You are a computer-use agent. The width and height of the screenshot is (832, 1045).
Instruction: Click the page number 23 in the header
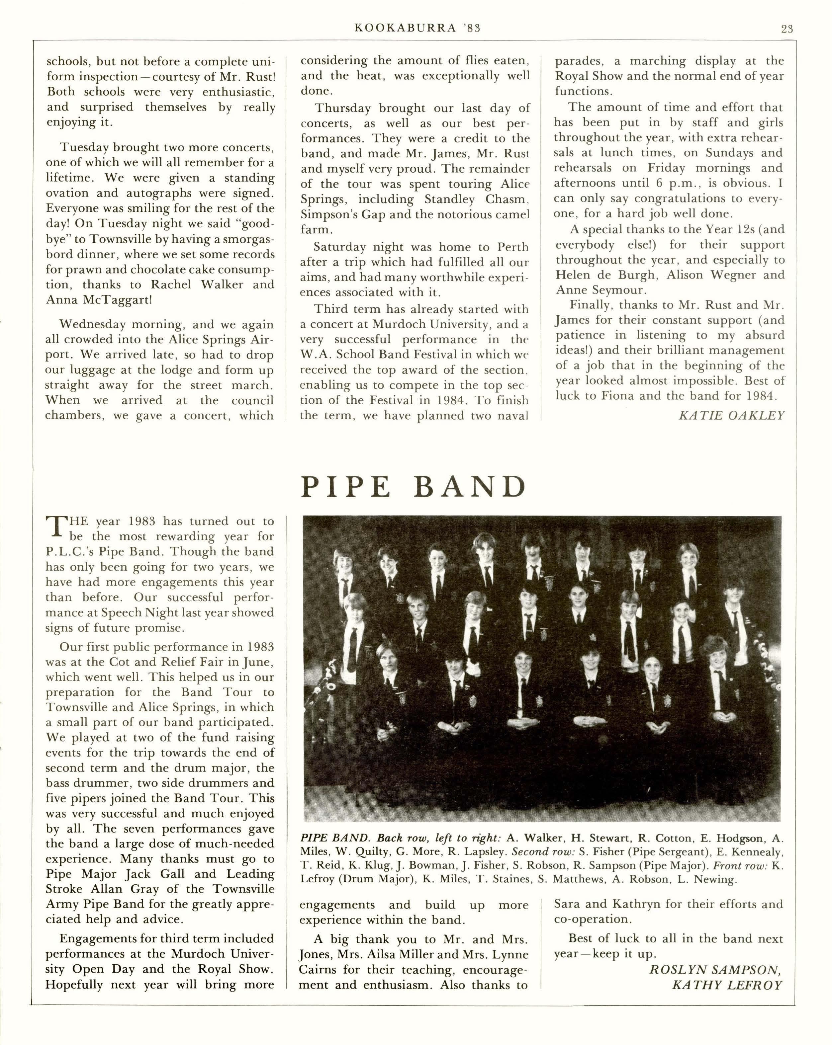tap(787, 29)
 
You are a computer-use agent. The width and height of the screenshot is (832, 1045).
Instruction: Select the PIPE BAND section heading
tap(414, 487)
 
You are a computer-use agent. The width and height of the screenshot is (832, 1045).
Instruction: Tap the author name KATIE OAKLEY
tap(731, 415)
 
